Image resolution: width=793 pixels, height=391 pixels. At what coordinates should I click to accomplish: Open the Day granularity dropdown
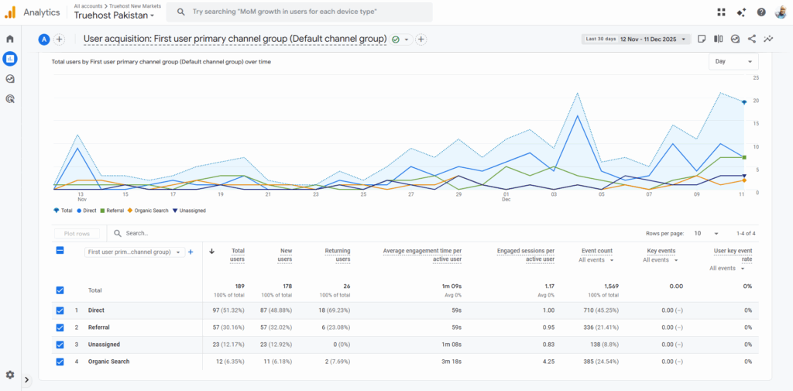click(733, 62)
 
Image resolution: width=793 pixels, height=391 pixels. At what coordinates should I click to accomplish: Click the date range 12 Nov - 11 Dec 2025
click(648, 39)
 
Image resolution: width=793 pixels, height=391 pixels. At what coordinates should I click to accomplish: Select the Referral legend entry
click(112, 210)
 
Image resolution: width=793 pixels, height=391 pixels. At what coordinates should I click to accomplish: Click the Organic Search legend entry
click(149, 210)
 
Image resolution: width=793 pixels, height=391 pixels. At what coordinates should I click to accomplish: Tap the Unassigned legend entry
click(190, 210)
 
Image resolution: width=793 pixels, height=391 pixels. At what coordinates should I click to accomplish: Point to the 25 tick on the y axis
click(755, 78)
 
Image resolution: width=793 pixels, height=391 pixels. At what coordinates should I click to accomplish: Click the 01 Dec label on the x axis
click(506, 197)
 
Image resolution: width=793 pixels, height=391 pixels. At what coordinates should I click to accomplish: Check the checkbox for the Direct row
click(60, 310)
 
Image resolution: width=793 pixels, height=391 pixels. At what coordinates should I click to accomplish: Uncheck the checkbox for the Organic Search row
click(60, 362)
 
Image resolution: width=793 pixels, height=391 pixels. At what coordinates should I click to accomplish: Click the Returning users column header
click(337, 255)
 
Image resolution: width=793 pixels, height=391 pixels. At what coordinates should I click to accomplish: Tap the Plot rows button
click(77, 233)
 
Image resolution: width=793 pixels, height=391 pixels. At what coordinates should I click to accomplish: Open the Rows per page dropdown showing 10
click(705, 233)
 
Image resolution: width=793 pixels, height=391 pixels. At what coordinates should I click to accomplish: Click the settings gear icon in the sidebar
click(10, 375)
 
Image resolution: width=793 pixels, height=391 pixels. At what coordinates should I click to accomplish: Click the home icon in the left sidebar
click(10, 39)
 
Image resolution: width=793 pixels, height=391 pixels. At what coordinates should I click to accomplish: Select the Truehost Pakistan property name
click(113, 15)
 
